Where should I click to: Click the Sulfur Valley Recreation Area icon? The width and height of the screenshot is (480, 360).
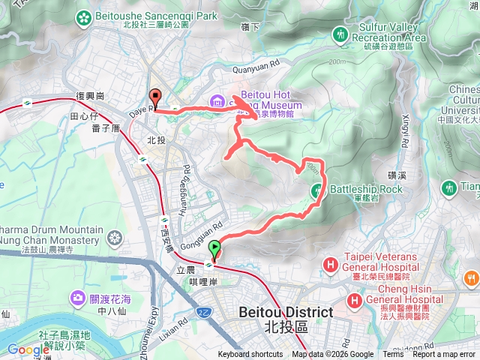click(341, 34)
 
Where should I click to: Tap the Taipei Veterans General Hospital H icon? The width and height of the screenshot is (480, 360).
click(331, 264)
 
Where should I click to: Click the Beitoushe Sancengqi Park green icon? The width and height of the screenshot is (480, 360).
click(85, 15)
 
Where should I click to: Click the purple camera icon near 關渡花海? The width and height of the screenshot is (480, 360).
click(78, 299)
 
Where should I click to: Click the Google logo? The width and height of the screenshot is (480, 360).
click(28, 349)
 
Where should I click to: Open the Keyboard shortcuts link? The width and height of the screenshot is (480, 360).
click(250, 355)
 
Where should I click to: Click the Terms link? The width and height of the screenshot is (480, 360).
click(393, 355)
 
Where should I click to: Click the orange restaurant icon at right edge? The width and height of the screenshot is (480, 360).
click(471, 279)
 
